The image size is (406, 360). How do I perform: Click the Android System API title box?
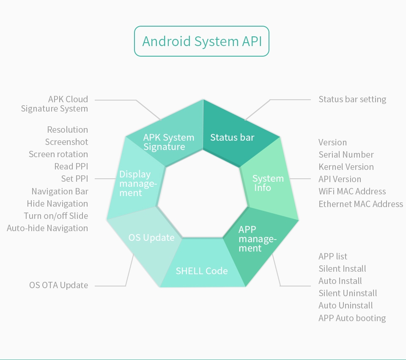pyautogui.click(x=202, y=41)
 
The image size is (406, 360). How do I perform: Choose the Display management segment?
pyautogui.click(x=134, y=181)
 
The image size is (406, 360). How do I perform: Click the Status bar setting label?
pyautogui.click(x=352, y=99)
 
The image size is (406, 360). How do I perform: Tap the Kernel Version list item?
pyautogui.click(x=346, y=167)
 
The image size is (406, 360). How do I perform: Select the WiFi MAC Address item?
pyautogui.click(x=352, y=191)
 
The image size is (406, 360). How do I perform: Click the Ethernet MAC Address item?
pyautogui.click(x=361, y=204)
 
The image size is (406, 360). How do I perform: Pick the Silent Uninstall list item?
pyautogui.click(x=348, y=293)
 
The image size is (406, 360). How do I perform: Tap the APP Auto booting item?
pyautogui.click(x=352, y=318)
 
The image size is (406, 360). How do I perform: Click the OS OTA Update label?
pyautogui.click(x=58, y=285)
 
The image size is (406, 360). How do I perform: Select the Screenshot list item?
pyautogui.click(x=66, y=142)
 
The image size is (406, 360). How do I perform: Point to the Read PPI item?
pyautogui.click(x=71, y=166)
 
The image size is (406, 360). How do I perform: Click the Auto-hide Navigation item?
pyautogui.click(x=47, y=228)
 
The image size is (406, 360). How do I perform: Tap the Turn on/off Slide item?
pyautogui.click(x=56, y=216)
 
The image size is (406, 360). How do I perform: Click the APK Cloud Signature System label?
pyautogui.click(x=55, y=104)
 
